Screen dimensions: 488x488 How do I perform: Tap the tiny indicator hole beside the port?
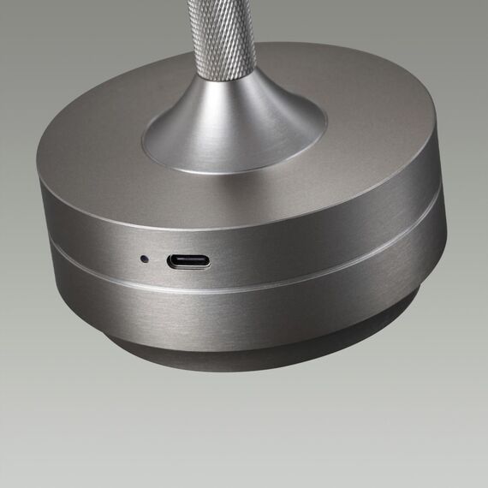144,257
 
